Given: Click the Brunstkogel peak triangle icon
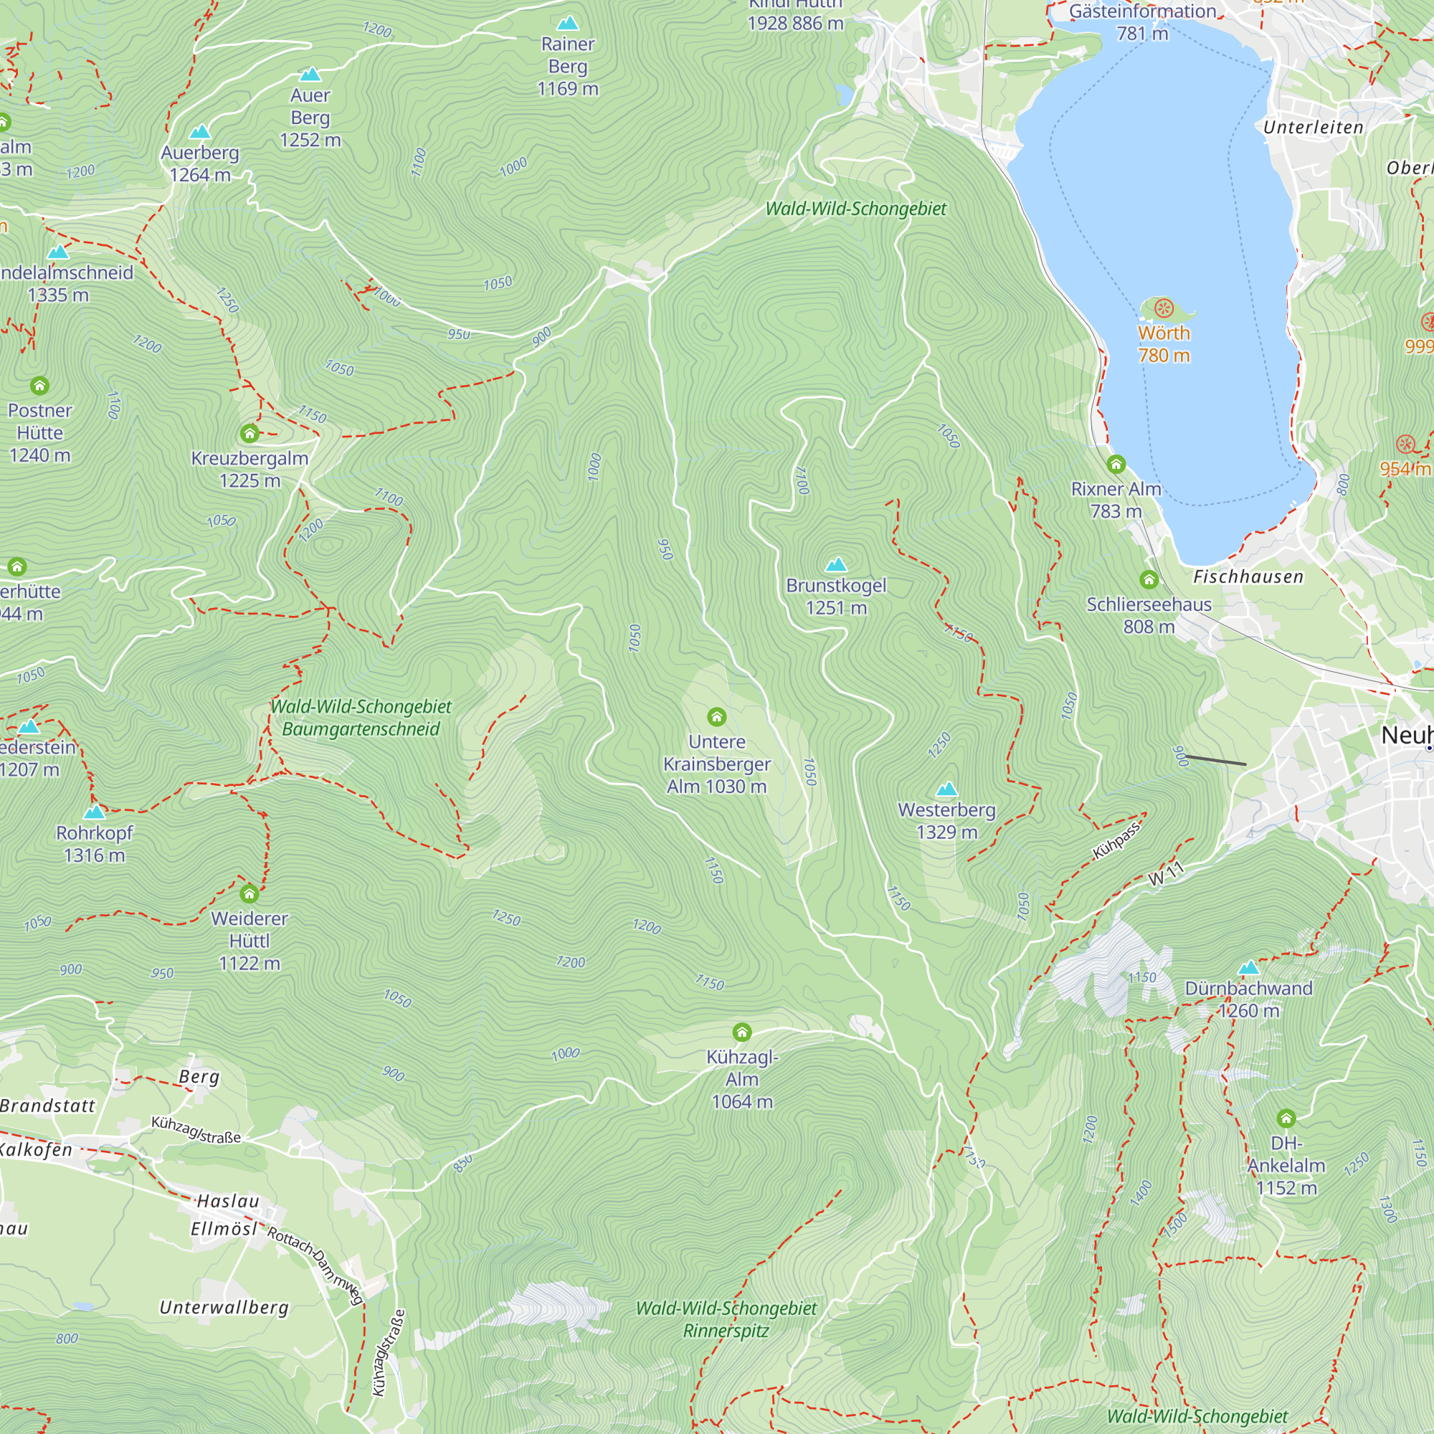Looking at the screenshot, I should (836, 565).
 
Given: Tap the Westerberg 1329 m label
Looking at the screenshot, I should (946, 820).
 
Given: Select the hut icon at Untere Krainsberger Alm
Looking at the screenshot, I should (716, 716).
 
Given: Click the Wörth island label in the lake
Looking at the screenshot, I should (1163, 343).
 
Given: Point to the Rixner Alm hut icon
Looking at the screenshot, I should (1116, 465).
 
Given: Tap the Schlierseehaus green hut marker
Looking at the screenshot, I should (1148, 579).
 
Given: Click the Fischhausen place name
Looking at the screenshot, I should (1248, 576).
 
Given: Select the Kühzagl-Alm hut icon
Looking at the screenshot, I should (741, 1032).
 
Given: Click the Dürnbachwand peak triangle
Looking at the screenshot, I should (1248, 968).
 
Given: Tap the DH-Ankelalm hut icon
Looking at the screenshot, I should (1286, 1118).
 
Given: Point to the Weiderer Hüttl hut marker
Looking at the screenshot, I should (250, 893).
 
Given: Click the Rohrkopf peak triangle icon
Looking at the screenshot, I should (94, 812).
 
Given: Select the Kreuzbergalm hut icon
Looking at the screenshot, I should (250, 433).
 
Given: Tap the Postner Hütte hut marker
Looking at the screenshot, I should (39, 385).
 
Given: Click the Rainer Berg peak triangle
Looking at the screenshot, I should (567, 23).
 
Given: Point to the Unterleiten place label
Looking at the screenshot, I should (1313, 128).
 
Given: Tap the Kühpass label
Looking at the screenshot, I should (1116, 841).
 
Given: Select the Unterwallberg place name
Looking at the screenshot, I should (224, 1307).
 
